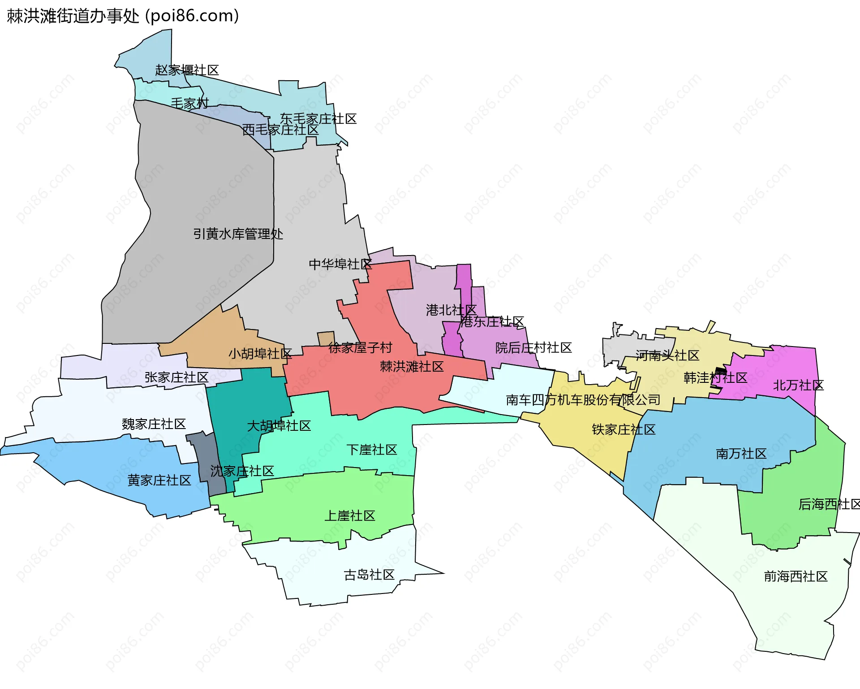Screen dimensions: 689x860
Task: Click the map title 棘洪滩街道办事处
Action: click(73, 16)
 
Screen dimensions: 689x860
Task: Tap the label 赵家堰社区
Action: click(187, 70)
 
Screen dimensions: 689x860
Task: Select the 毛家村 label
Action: click(189, 104)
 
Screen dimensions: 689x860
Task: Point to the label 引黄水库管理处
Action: click(238, 234)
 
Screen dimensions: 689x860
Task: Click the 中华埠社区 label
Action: click(340, 264)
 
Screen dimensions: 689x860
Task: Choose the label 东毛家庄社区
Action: click(318, 119)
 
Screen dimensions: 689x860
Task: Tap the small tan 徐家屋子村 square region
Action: click(326, 338)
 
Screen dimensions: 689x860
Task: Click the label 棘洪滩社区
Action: click(412, 367)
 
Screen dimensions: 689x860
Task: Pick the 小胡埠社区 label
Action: click(260, 354)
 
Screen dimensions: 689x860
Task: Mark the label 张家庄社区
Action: click(176, 377)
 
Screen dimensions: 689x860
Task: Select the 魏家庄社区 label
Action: click(154, 424)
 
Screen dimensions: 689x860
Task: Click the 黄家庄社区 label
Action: click(159, 481)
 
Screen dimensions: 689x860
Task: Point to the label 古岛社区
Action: click(369, 575)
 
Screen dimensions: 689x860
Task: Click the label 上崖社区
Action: click(349, 516)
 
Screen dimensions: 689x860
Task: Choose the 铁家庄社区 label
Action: click(623, 429)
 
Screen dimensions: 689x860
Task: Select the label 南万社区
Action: click(741, 454)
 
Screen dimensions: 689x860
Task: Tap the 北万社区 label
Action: click(798, 385)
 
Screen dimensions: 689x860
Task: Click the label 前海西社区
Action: click(795, 576)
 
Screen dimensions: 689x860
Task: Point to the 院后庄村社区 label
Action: click(533, 348)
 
